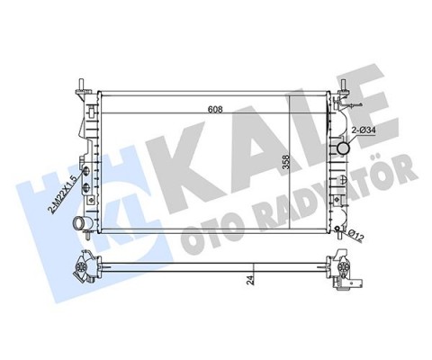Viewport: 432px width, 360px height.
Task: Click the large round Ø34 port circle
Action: tap(344, 148)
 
